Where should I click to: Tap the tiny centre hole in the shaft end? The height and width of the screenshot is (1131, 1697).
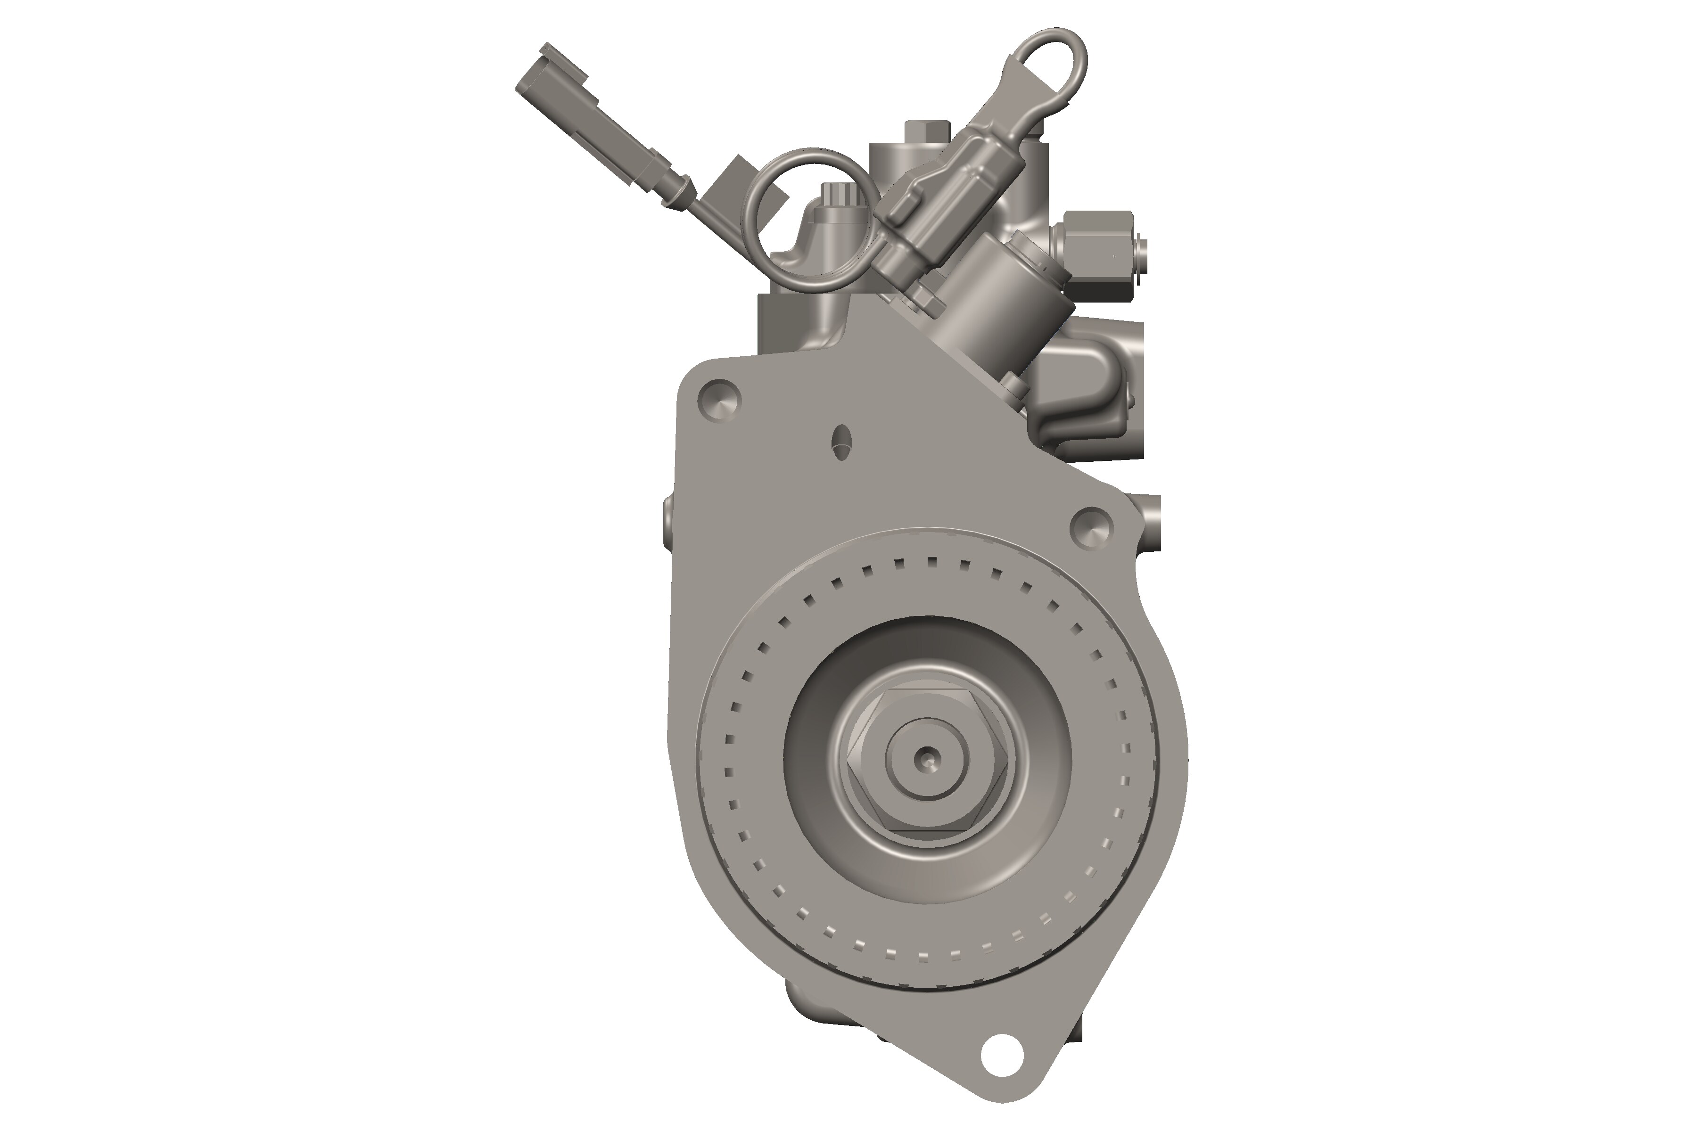click(926, 757)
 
